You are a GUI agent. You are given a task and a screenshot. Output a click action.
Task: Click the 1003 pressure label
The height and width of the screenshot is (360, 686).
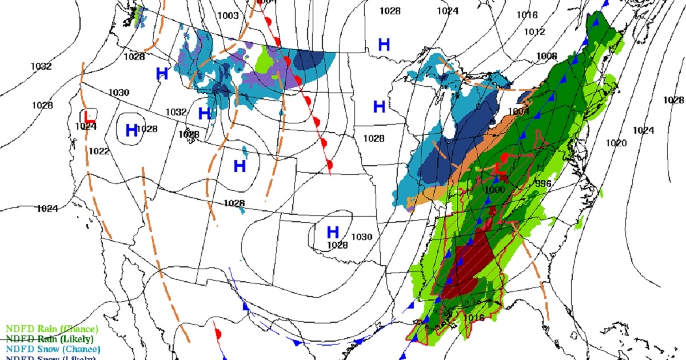click(229, 15)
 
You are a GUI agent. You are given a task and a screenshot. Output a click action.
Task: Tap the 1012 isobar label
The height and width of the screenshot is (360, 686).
click(535, 32)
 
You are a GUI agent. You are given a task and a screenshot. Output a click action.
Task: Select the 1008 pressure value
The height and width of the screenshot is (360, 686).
click(547, 56)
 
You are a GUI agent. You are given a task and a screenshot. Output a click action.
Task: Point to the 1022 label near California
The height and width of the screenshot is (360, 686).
click(99, 151)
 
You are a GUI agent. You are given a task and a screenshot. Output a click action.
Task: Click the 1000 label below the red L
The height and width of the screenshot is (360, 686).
click(494, 190)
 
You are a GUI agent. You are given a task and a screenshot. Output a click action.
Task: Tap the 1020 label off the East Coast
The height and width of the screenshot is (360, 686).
click(616, 143)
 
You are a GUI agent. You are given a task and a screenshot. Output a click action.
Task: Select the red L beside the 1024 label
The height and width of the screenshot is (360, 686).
click(87, 115)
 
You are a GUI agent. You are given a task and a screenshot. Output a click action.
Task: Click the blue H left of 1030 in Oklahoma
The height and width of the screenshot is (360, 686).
click(333, 233)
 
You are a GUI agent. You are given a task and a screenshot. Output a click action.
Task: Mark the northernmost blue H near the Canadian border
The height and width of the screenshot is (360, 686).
click(384, 45)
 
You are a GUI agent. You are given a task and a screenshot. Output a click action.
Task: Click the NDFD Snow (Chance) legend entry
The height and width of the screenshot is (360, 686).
click(53, 349)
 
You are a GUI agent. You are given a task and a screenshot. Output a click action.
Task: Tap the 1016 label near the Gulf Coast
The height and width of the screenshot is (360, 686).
click(474, 318)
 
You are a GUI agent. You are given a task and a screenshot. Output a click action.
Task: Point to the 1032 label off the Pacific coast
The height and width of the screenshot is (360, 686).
click(41, 66)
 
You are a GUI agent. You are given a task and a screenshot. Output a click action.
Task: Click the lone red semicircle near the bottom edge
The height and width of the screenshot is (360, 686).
click(217, 333)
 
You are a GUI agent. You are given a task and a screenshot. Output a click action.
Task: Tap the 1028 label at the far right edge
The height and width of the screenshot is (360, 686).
click(673, 100)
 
